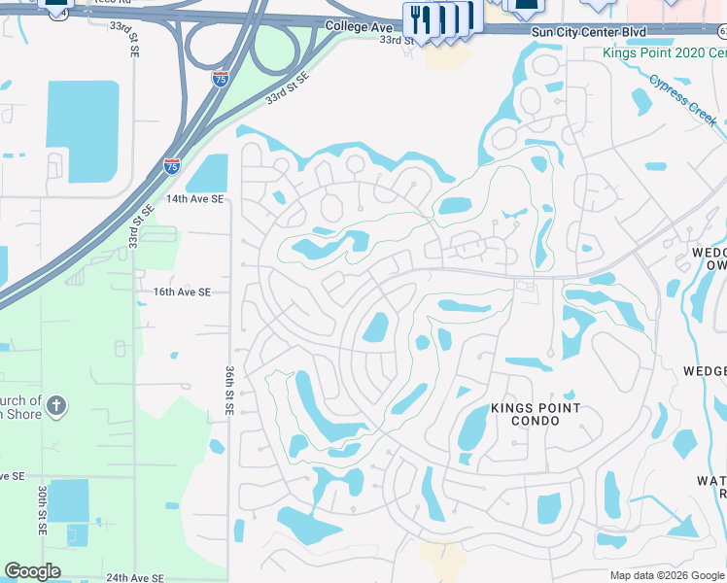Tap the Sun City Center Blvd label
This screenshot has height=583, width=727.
tap(588, 32)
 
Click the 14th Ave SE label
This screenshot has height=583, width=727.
tap(194, 198)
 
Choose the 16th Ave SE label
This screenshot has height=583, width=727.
tap(181, 291)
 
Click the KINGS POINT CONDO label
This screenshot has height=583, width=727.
tap(536, 415)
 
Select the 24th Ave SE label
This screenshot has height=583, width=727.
tap(135, 577)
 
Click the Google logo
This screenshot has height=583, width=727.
tap(32, 571)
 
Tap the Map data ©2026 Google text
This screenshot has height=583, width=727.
tap(667, 575)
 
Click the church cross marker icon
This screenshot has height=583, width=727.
tap(56, 406)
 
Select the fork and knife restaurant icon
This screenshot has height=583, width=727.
tap(418, 17)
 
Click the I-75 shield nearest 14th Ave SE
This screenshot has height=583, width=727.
tap(172, 166)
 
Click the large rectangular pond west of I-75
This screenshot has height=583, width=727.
tap(83, 130)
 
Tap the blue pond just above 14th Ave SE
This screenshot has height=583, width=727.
tap(206, 174)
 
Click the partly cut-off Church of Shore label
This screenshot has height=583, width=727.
tap(21, 407)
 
